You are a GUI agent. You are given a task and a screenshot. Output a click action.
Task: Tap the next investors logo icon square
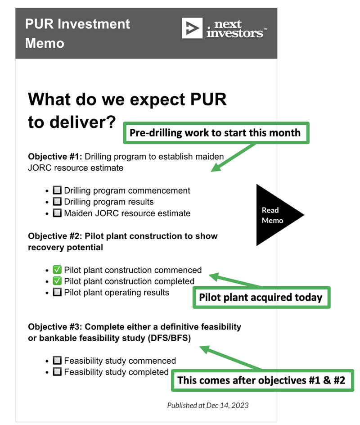[x=192, y=28]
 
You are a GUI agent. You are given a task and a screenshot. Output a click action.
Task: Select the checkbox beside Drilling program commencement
[x=57, y=190]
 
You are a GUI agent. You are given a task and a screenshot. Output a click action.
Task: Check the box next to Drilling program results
[x=57, y=201]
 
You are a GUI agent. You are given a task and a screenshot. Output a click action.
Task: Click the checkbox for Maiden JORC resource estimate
[x=57, y=213]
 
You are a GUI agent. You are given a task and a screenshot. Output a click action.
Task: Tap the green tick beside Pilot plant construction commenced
[x=57, y=270]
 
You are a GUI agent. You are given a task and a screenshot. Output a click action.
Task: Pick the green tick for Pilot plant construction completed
[x=57, y=281]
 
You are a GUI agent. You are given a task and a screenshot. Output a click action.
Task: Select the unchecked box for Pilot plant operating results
[x=57, y=292]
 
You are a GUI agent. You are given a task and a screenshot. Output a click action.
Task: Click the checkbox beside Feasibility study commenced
[x=57, y=360]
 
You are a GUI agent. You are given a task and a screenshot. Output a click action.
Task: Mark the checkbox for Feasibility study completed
[x=57, y=371]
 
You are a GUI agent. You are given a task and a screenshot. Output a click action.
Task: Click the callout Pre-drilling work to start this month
[x=216, y=133]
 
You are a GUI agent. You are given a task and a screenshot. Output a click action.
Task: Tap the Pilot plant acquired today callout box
[x=261, y=297]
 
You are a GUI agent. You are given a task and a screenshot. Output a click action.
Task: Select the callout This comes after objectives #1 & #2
[x=262, y=380]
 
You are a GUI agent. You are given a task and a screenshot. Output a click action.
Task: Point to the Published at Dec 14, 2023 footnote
[x=208, y=405]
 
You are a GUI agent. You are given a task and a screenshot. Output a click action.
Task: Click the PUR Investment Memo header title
[x=77, y=33]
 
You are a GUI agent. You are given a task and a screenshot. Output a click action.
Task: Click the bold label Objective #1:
[x=55, y=156]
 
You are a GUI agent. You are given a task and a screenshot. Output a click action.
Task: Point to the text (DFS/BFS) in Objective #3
[x=169, y=338]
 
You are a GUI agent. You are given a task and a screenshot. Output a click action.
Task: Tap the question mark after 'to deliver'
[x=110, y=122]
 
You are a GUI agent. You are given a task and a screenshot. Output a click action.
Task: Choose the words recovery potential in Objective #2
[x=66, y=248]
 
